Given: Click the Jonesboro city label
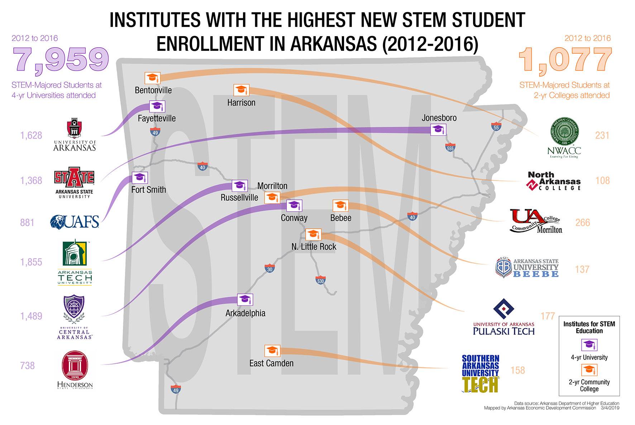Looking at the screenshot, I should click(x=439, y=118).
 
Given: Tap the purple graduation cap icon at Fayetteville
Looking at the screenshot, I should click(x=157, y=106).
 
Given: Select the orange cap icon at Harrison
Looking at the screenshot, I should click(x=241, y=90).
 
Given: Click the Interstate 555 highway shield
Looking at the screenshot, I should click(x=450, y=147).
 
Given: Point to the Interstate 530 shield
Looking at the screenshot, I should click(x=320, y=280).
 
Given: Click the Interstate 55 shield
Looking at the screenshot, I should click(x=496, y=127).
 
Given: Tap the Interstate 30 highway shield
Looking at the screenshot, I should click(x=270, y=269).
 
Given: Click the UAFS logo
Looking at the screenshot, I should click(x=75, y=222).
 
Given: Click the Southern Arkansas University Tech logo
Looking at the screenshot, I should click(x=480, y=373).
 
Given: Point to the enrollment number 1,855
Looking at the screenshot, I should click(x=31, y=262).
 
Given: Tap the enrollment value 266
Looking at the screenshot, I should click(x=582, y=223).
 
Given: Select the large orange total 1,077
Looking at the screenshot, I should click(x=565, y=60).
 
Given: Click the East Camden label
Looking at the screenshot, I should click(x=271, y=363).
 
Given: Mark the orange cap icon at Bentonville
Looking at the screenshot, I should click(x=152, y=78).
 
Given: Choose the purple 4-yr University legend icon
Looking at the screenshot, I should click(x=589, y=345).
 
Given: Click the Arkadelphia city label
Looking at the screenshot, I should click(x=245, y=313).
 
